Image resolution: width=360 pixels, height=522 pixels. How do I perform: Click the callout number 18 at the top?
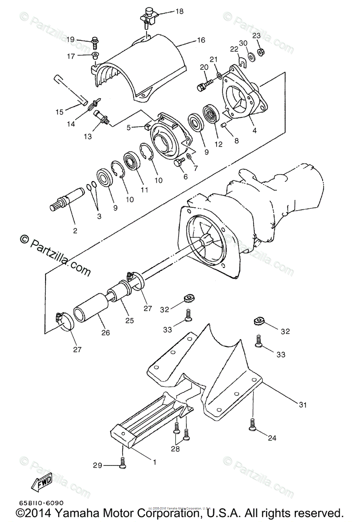tap(179, 12)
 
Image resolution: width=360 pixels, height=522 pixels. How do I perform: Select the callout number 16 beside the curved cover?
tap(200, 40)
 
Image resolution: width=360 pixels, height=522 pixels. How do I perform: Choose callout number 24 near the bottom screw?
tap(272, 438)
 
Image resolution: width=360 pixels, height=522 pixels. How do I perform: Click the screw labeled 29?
tap(123, 463)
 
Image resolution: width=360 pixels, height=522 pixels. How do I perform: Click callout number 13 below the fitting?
tap(88, 136)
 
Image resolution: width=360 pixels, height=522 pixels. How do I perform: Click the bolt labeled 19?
tap(94, 41)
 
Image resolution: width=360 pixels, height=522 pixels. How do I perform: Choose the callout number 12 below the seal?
tap(218, 144)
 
